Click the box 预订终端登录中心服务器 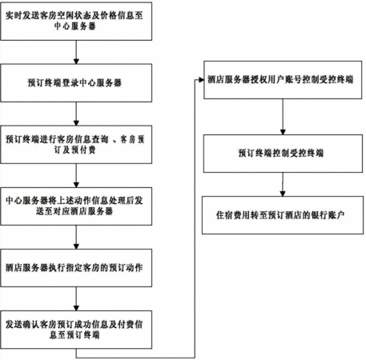(x=76, y=83)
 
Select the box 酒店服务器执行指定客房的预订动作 (x=76, y=268)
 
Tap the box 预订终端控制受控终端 (x=283, y=154)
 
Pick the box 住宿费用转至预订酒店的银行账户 (x=283, y=215)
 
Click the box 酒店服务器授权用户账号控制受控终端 (x=283, y=80)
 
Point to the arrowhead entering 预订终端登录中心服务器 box (x=76, y=62)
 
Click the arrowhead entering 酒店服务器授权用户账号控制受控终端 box (x=201, y=80)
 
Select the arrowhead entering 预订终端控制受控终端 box (x=283, y=132)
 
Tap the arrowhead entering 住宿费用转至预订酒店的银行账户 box (x=283, y=194)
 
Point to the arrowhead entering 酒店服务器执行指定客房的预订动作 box (x=76, y=246)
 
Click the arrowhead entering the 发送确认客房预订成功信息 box (x=76, y=308)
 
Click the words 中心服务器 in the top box (x=75, y=26)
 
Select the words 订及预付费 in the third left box (x=75, y=150)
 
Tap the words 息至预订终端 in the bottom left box (x=74, y=334)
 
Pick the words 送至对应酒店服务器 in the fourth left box (x=74, y=211)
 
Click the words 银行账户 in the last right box (x=328, y=215)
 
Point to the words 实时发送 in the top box (x=22, y=15)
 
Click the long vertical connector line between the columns (x=195, y=218)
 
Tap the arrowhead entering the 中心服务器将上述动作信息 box (x=76, y=185)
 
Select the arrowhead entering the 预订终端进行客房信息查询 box (x=76, y=123)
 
